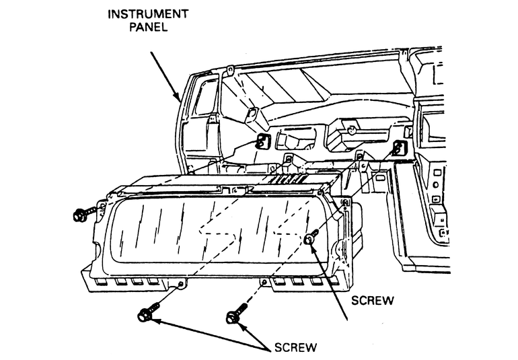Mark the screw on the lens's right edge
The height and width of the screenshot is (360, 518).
(312, 238)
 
